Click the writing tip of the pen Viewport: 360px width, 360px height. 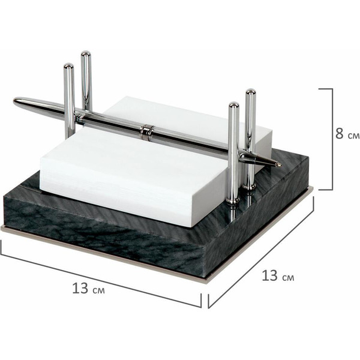click(280, 164)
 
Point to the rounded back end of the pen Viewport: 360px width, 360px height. click(16, 101)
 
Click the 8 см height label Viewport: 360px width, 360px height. click(347, 134)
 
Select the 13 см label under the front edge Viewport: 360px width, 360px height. click(88, 289)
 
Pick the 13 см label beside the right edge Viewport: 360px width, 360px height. click(278, 276)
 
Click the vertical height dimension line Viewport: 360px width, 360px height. click(332, 139)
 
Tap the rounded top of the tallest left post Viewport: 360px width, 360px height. click(86, 54)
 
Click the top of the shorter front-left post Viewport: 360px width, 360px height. click(68, 67)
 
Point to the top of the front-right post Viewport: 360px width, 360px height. click(234, 106)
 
